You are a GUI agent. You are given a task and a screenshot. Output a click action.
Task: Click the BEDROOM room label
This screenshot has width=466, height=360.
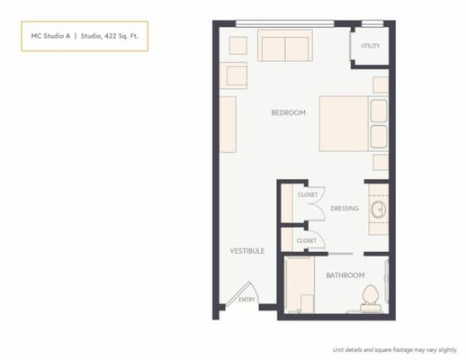[289, 112]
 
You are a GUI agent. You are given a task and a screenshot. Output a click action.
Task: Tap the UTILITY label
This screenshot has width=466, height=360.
[369, 45]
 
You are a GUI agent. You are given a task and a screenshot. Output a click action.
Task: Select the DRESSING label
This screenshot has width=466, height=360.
[345, 209]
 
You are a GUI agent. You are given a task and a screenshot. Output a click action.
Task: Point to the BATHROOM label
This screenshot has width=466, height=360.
[345, 274]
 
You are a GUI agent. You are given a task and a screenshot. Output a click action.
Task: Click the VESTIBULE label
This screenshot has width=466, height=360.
[246, 250]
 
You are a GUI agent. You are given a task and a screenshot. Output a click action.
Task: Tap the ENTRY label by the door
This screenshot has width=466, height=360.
[246, 299]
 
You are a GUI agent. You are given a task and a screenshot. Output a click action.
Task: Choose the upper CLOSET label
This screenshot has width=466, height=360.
[308, 194]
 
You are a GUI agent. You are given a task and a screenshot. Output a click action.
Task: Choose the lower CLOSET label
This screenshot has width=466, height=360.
[307, 240]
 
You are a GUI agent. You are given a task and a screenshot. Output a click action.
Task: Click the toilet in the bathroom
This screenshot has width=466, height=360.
[368, 297]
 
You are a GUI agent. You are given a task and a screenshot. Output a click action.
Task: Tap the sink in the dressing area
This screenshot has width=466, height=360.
[378, 210]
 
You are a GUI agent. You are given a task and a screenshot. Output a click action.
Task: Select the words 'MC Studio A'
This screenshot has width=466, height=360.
[49, 37]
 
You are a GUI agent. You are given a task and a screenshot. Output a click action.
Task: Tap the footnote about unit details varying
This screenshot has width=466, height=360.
[395, 347]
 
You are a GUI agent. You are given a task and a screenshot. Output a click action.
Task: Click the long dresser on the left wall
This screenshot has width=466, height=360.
[229, 124]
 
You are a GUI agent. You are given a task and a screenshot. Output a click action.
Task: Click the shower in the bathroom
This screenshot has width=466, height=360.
[299, 286]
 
